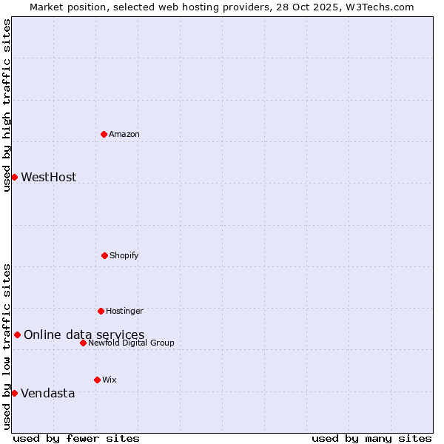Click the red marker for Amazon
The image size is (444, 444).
coord(104,134)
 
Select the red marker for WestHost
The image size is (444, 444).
coord(14,177)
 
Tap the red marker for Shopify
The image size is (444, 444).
coord(104,255)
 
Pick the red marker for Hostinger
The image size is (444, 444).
coord(101,311)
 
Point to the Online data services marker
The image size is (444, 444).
coord(17,334)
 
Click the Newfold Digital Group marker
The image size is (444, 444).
coord(83,343)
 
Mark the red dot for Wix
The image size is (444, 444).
coord(97,380)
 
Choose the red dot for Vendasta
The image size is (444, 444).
coord(14,393)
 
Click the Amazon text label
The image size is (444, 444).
coord(124,134)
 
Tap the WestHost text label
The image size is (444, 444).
coord(48,177)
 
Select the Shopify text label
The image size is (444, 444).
coord(124,255)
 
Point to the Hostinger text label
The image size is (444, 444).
coord(124,311)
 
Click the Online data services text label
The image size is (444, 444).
coord(84,334)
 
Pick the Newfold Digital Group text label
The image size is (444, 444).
coord(131,343)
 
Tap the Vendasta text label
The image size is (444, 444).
coord(47,393)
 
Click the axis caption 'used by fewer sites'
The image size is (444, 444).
coord(76,438)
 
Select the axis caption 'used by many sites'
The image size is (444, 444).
coord(371,438)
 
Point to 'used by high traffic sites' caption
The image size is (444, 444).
coord(7,105)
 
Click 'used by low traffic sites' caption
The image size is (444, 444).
coord(7,346)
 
